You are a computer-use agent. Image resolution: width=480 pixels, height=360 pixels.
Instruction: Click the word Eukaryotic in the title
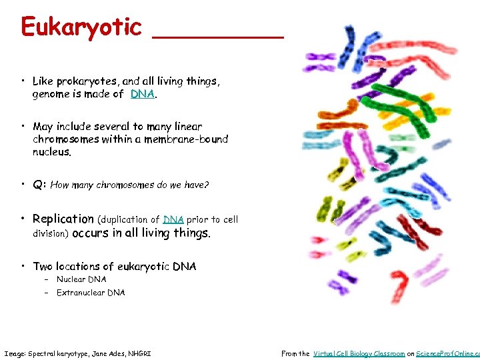coord(81,27)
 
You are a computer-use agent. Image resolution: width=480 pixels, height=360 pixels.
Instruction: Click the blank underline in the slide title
coord(217,37)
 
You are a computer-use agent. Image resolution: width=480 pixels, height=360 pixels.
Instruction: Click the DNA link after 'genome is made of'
coord(143,94)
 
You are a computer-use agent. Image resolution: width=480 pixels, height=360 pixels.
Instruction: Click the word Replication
coord(63,219)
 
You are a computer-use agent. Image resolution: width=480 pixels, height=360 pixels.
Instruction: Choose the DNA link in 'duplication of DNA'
coord(173,219)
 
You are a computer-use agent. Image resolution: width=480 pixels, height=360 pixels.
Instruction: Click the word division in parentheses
coord(50,233)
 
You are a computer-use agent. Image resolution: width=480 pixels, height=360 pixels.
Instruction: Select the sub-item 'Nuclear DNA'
coord(81,279)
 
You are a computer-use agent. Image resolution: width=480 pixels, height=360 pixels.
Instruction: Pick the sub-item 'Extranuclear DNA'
coord(91,293)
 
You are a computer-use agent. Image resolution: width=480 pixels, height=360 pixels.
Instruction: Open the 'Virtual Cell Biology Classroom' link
coord(359,353)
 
